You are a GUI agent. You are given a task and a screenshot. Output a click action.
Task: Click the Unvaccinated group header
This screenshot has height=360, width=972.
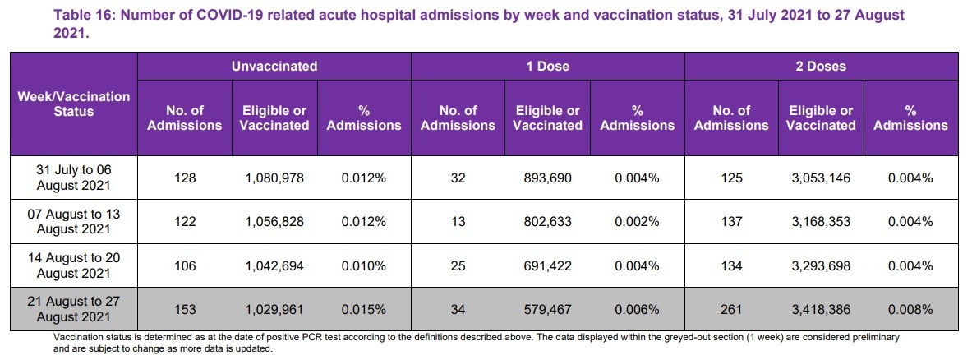click(274, 66)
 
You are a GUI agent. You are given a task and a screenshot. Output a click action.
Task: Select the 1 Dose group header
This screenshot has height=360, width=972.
click(547, 66)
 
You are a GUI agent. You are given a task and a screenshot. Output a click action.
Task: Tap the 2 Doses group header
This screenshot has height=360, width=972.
click(821, 66)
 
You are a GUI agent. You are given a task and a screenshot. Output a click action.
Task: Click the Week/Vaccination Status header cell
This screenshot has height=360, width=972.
click(73, 104)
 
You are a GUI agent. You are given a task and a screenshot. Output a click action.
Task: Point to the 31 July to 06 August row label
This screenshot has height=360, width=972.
click(73, 177)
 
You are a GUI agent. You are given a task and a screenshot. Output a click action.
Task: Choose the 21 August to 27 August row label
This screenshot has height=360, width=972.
click(73, 310)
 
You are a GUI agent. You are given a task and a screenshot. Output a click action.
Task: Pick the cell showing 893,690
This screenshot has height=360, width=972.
click(546, 178)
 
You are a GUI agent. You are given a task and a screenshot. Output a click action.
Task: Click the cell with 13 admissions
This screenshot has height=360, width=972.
click(458, 222)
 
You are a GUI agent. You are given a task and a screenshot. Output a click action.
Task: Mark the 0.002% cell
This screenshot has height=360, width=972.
click(637, 222)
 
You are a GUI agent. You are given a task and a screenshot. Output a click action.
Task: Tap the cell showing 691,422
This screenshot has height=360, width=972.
click(546, 266)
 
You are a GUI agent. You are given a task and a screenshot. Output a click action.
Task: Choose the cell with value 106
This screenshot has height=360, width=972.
click(184, 266)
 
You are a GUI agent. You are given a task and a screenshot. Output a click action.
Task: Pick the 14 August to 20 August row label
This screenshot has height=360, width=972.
click(73, 265)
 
